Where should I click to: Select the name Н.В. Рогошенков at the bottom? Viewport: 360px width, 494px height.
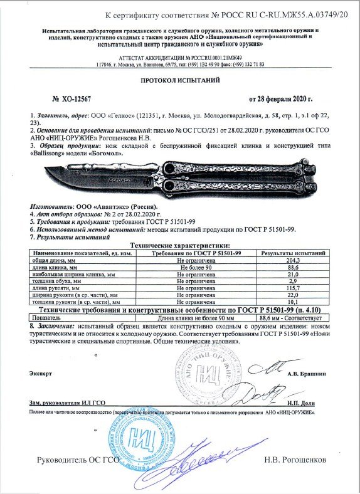[295, 460]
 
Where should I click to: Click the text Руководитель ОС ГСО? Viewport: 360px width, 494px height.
[78, 460]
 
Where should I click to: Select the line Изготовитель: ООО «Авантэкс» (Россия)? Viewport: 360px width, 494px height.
[94, 206]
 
